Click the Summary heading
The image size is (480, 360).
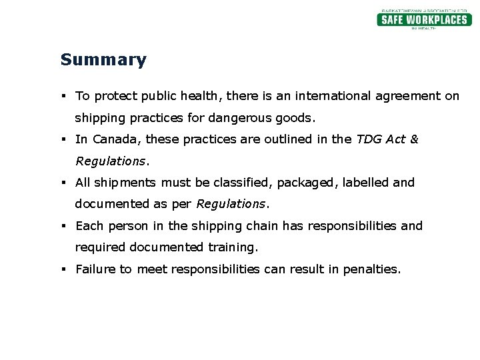point(103,60)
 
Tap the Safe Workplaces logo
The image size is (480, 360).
point(423,19)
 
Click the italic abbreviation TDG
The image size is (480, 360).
point(369,139)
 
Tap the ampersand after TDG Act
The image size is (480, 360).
point(414,139)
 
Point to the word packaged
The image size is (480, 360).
point(307,183)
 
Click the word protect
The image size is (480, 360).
point(116,96)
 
